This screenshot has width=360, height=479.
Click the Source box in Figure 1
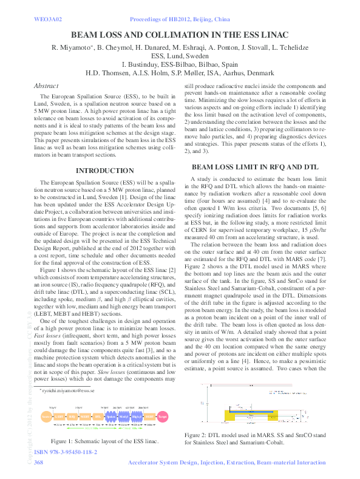click(x=46, y=417)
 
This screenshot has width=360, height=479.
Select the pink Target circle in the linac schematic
click(x=162, y=417)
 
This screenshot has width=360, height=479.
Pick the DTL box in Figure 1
click(x=98, y=417)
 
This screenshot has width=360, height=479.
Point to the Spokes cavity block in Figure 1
click(x=111, y=417)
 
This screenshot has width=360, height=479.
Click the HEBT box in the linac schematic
click(x=150, y=417)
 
